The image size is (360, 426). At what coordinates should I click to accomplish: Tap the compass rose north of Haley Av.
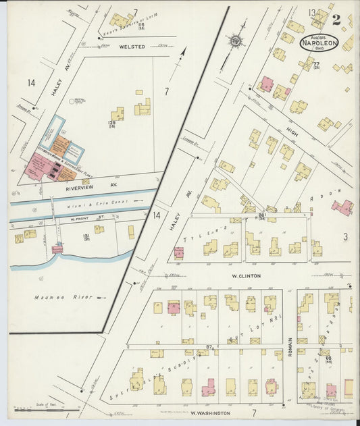click(x=236, y=41)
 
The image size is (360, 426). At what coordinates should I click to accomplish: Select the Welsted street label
click(x=132, y=47)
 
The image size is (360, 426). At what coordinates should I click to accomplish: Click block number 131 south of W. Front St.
click(x=86, y=236)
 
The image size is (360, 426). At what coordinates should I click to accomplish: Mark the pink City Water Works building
click(x=41, y=165)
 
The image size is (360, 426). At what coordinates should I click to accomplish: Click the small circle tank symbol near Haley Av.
click(x=72, y=102)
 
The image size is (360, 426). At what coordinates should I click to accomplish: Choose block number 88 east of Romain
click(x=328, y=358)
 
